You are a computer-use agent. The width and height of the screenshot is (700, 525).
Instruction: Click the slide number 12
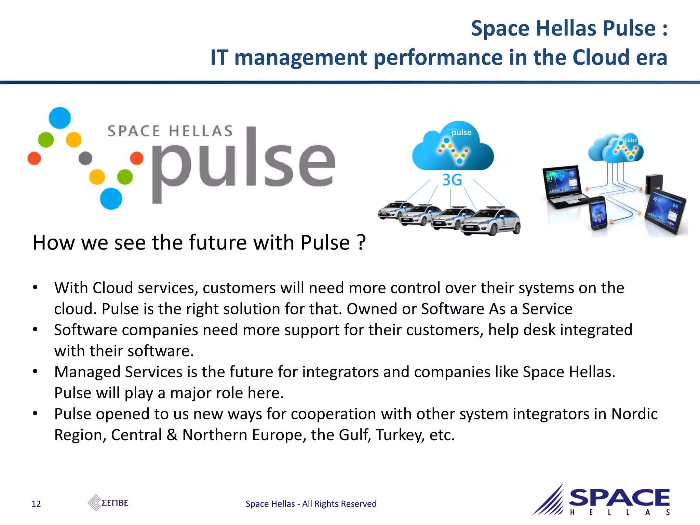tap(36, 504)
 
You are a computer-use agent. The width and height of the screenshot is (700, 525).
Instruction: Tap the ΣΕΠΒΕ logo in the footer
tap(108, 503)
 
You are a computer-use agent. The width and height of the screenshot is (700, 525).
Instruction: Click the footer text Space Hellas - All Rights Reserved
tap(311, 504)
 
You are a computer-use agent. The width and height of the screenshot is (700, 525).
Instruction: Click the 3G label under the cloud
tap(452, 180)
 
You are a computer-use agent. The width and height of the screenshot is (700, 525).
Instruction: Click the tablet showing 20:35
tap(665, 212)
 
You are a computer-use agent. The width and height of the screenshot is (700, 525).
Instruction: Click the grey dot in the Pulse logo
tap(85, 158)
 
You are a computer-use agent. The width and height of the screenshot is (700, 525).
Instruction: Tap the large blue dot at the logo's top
tap(60, 118)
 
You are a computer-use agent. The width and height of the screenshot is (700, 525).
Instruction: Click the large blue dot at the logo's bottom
tap(111, 199)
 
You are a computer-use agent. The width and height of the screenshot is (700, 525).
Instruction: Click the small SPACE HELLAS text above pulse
tap(170, 131)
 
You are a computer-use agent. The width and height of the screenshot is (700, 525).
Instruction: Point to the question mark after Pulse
tap(361, 243)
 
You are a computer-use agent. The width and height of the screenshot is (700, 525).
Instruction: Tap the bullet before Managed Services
tap(35, 372)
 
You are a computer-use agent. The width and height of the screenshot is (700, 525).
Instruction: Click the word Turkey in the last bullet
tap(399, 435)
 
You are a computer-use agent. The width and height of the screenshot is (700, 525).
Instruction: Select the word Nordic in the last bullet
tap(634, 414)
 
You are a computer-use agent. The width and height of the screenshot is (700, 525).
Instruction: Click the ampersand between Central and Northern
tap(172, 435)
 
